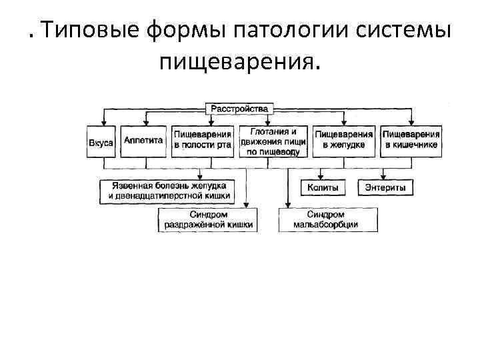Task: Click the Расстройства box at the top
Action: [239, 108]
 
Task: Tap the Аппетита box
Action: [143, 141]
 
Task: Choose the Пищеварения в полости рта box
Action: [203, 141]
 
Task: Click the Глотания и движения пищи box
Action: [273, 141]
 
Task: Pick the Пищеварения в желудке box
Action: [344, 141]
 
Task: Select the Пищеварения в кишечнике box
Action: [411, 141]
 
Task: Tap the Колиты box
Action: [323, 189]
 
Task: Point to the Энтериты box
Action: [385, 189]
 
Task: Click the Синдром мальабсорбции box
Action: [326, 220]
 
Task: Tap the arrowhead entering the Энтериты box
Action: [385, 179]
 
